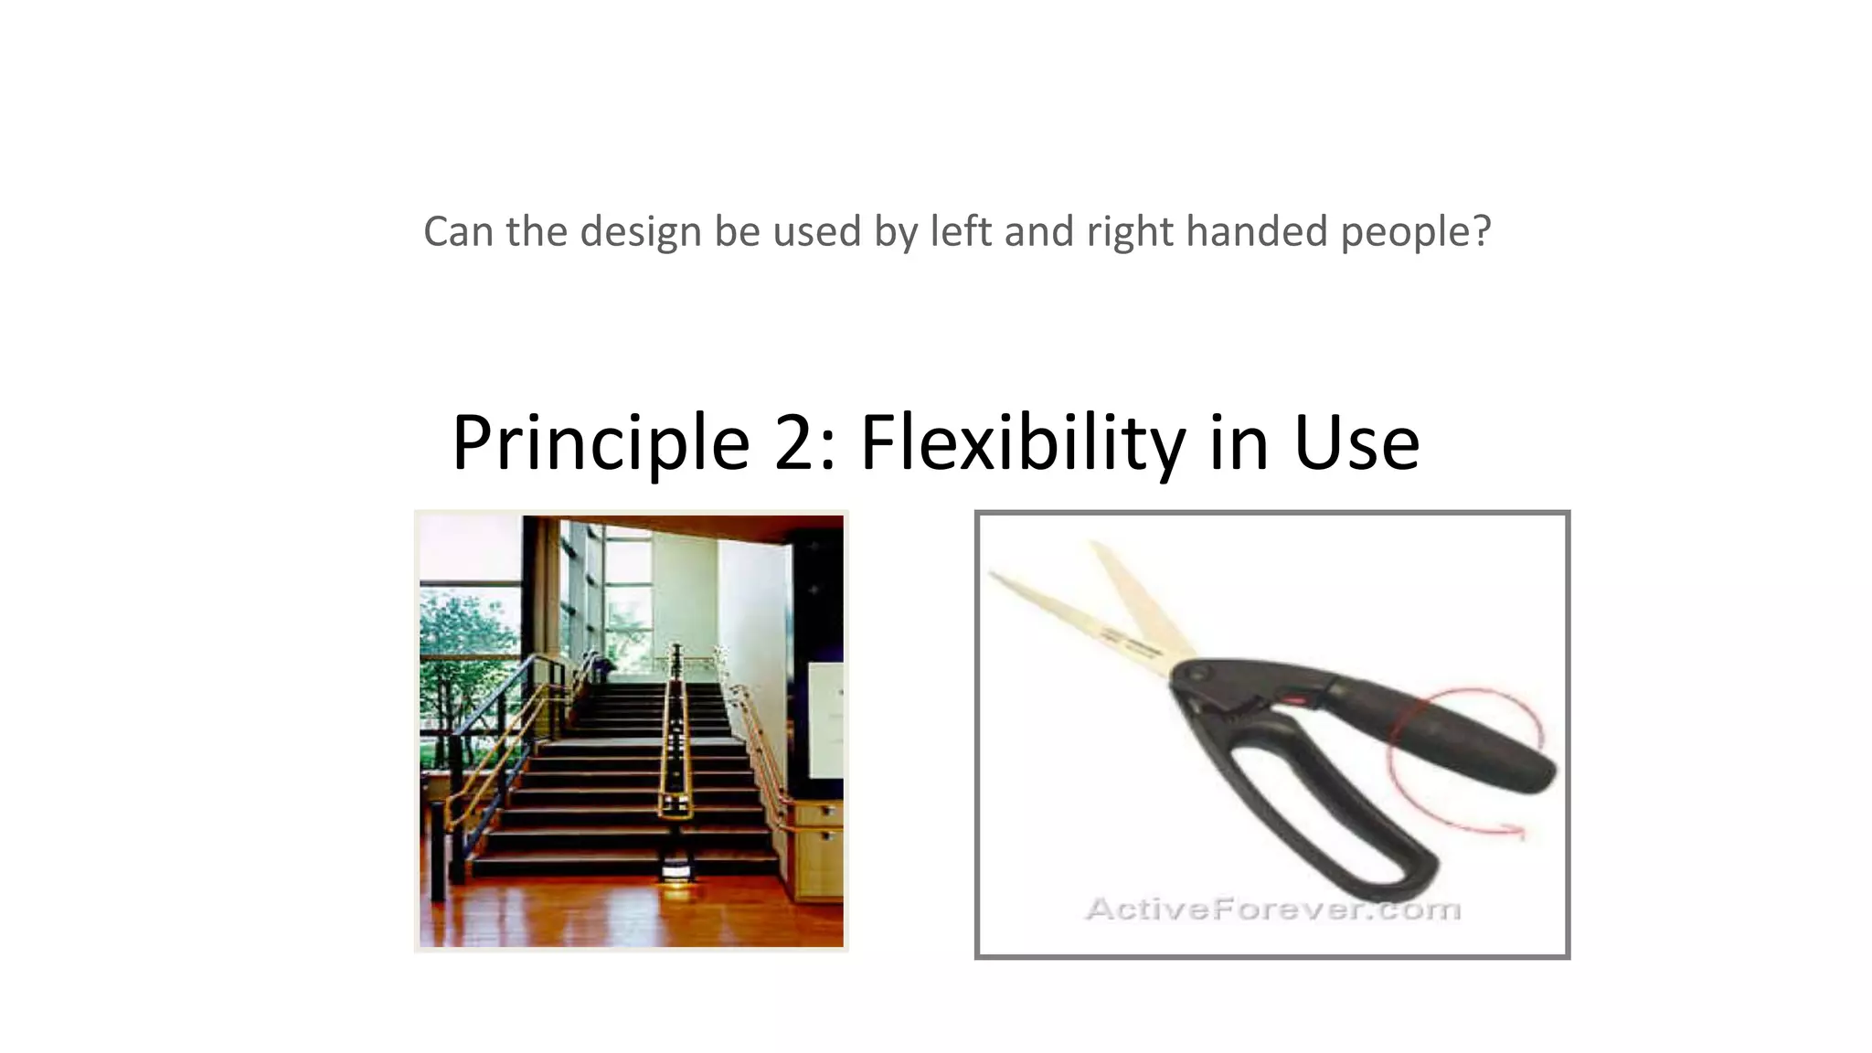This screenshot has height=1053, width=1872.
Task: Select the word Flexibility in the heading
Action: [1022, 443]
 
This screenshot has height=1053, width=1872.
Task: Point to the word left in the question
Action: [960, 231]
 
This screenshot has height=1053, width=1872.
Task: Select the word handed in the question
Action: [1256, 231]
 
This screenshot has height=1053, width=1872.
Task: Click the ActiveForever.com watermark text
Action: [1272, 909]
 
